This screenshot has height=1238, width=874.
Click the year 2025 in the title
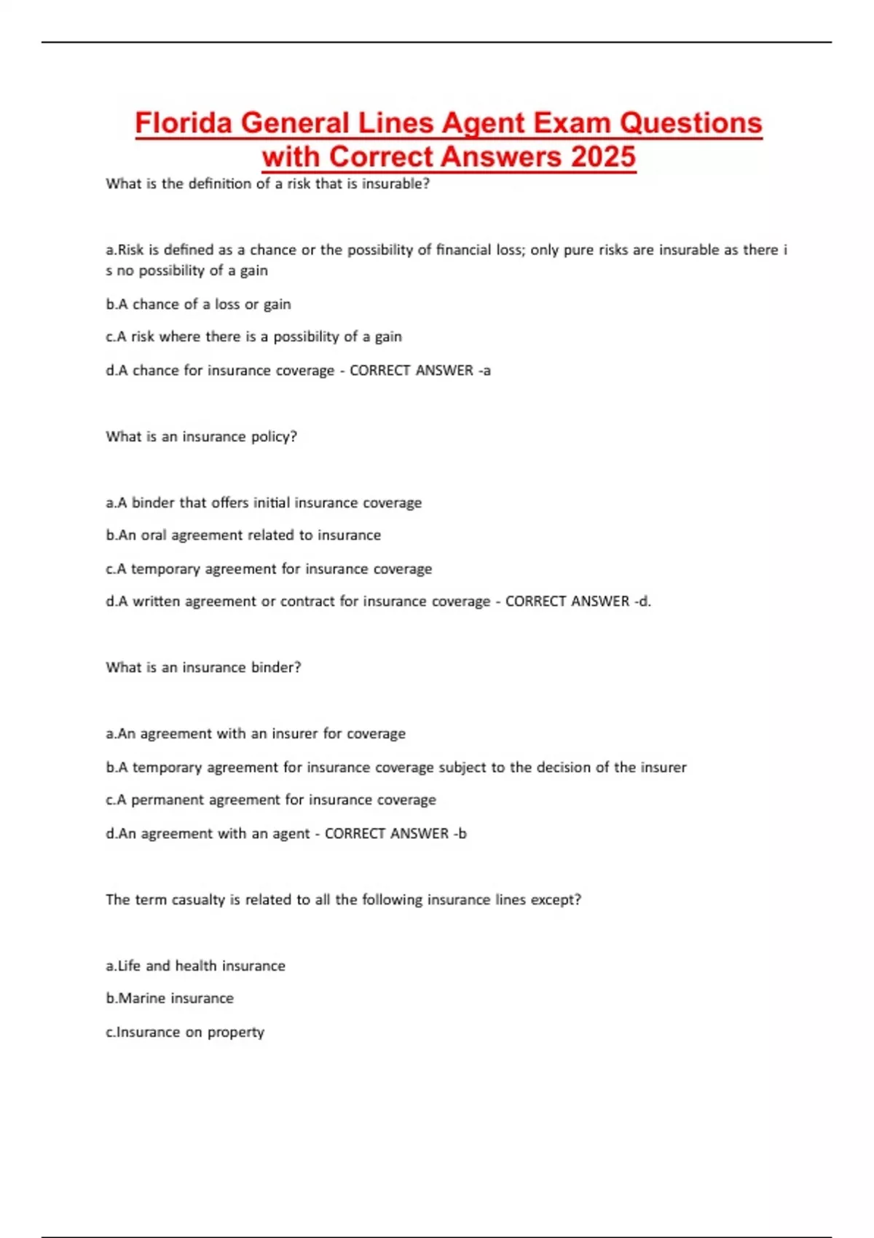tap(603, 157)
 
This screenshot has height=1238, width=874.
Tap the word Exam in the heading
tap(573, 122)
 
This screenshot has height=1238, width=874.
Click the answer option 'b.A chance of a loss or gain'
tap(198, 304)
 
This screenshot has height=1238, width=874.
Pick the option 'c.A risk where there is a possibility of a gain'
tap(253, 336)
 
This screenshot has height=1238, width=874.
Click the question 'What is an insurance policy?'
tap(201, 437)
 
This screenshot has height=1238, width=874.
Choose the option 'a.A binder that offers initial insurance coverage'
tap(264, 502)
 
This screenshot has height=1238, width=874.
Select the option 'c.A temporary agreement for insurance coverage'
tap(269, 569)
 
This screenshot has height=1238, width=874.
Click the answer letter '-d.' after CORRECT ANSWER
tap(642, 602)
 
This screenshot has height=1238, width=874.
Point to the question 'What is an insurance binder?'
tap(203, 668)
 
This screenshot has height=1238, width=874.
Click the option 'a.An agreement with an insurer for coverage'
tap(256, 734)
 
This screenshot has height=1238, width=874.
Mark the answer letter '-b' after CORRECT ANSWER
tap(460, 834)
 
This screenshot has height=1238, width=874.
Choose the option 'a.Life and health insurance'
tap(195, 966)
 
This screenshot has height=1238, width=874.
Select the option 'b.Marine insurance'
tap(170, 998)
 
